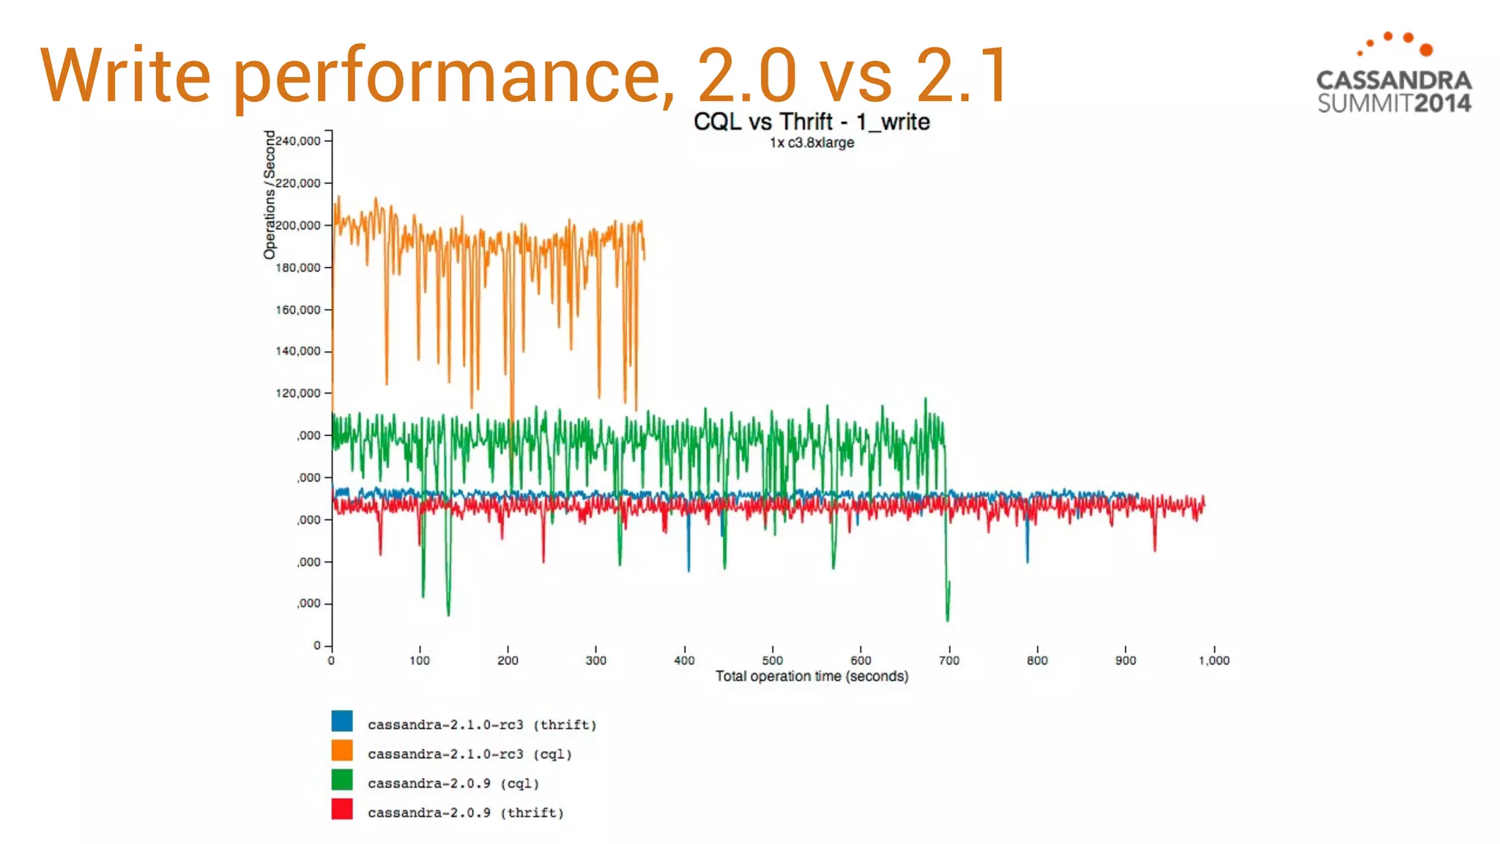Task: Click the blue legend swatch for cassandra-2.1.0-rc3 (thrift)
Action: [x=342, y=721]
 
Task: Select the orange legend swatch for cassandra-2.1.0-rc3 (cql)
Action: [x=342, y=750]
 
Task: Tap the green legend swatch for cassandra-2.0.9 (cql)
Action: [x=342, y=780]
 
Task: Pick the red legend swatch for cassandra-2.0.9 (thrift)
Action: [x=342, y=809]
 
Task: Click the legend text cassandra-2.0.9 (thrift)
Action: [x=465, y=812]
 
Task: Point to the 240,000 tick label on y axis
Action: [x=298, y=141]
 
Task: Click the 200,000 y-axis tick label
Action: [x=298, y=225]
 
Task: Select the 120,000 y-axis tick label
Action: [x=298, y=393]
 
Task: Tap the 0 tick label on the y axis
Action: [x=317, y=645]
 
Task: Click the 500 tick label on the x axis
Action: [x=772, y=660]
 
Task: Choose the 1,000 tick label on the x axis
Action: [x=1214, y=660]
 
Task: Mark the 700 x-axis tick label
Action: [x=948, y=660]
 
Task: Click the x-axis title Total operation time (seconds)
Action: [x=812, y=676]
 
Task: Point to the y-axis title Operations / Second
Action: [x=270, y=194]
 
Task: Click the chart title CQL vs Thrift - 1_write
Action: [x=812, y=122]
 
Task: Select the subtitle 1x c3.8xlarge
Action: [x=812, y=143]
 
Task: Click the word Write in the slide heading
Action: [x=125, y=75]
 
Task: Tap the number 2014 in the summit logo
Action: [x=1442, y=103]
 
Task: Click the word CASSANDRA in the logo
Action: [x=1394, y=80]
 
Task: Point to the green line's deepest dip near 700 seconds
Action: [x=948, y=620]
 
